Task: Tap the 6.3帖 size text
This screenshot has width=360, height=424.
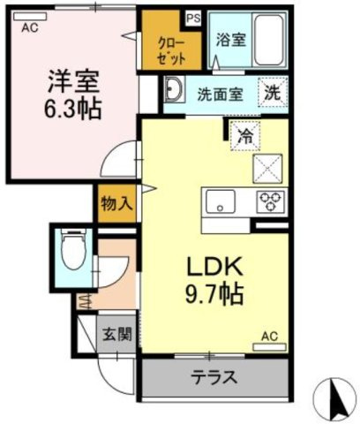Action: [72, 110]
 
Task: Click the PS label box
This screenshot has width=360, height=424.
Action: [193, 16]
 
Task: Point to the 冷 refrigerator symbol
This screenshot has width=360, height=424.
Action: [243, 135]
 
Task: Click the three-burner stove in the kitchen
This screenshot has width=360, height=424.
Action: [268, 201]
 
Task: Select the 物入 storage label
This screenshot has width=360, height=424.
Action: [117, 204]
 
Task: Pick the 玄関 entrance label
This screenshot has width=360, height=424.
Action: [116, 335]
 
